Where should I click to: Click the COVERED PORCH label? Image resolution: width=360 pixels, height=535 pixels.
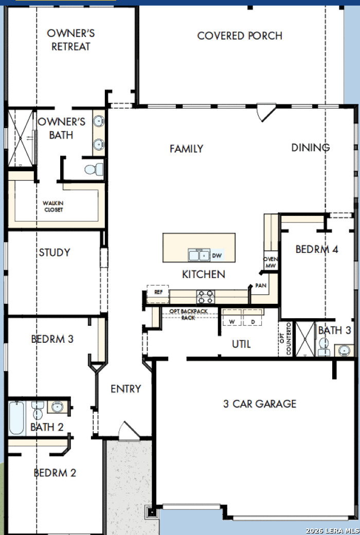240,36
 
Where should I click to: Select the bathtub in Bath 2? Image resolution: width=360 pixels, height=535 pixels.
16,418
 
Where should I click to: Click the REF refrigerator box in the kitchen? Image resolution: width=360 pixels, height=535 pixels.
158,294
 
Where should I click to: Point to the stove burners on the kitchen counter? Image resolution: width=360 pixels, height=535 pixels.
206,297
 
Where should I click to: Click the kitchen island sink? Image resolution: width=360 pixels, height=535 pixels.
199,255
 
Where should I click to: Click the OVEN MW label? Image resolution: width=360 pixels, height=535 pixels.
271,262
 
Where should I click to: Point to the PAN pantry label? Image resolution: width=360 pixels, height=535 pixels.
261,285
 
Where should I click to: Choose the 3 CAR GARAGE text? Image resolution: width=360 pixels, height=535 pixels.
260,404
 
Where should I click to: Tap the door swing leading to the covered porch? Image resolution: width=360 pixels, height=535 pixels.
266,112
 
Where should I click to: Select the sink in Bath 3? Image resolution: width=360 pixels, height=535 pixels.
344,350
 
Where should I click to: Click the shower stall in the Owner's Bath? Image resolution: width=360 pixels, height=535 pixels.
21,138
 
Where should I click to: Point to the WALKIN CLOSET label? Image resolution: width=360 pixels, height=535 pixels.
53,207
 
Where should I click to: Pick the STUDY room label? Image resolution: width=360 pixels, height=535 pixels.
55,252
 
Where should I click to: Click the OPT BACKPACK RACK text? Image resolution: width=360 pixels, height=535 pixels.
189,315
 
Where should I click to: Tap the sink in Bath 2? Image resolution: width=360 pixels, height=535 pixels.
57,407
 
